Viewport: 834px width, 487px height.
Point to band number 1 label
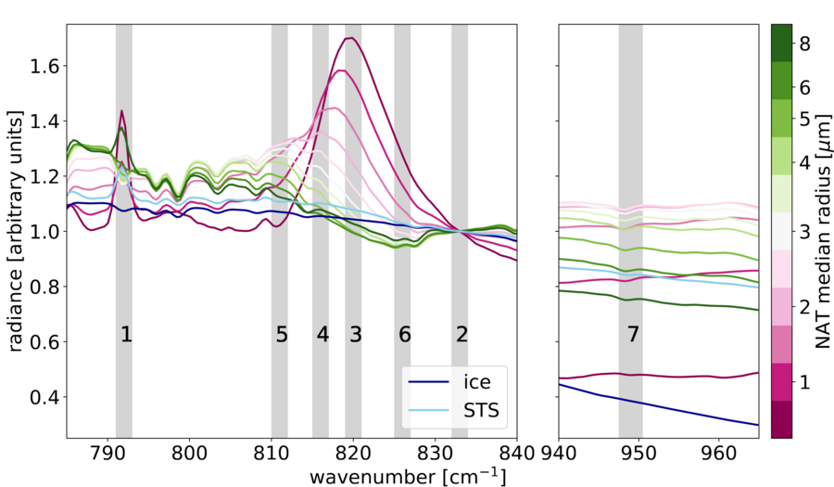point(127,336)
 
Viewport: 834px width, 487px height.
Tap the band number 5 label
point(282,336)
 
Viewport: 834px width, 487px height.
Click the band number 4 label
point(322,336)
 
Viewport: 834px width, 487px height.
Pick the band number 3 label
point(355,336)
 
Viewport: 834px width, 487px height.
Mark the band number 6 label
point(404,336)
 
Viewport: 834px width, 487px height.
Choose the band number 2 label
point(461,336)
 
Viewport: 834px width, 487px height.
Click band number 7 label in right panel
point(633,336)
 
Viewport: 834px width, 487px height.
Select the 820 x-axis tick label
point(353,455)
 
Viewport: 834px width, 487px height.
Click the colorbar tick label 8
point(803,44)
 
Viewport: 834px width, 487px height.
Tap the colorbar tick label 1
point(803,381)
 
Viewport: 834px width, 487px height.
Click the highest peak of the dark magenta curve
point(350,38)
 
